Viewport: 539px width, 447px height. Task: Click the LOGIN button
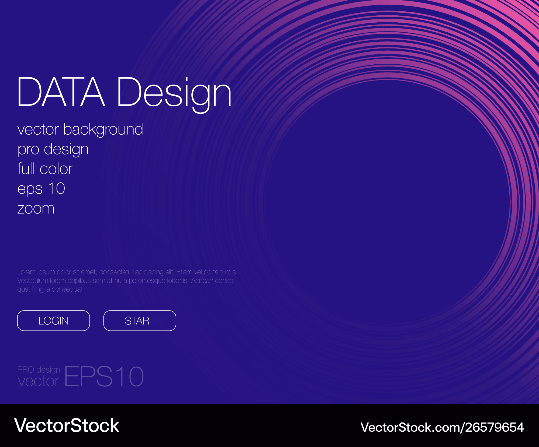point(53,321)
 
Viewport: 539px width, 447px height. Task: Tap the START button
point(140,321)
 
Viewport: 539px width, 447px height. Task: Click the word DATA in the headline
point(61,92)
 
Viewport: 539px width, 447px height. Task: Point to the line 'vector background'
point(80,130)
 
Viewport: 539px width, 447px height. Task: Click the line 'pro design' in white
point(53,150)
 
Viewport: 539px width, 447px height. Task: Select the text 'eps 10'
point(41,188)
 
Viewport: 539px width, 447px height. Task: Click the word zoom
point(36,209)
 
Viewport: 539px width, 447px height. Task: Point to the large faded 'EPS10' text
point(104,376)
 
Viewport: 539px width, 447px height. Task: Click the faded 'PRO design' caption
point(39,370)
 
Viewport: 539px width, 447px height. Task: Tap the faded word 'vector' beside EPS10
point(39,381)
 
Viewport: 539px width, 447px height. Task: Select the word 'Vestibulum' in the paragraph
point(33,281)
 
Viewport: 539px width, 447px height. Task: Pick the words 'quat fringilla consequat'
point(50,289)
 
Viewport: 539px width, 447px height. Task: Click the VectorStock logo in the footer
point(67,426)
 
